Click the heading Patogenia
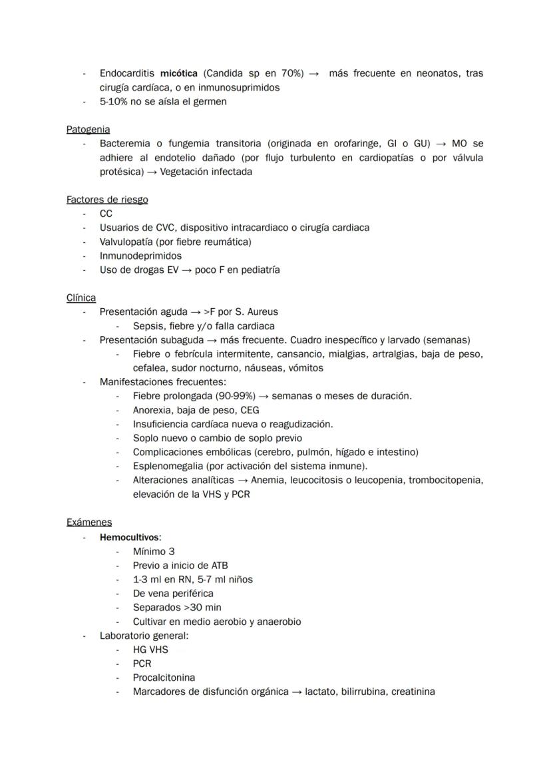(88, 129)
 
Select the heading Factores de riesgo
(107, 199)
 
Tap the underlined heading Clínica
(81, 297)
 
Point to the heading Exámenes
(89, 522)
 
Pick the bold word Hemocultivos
(130, 537)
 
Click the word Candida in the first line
(224, 73)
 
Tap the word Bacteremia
(126, 144)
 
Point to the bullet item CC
(106, 214)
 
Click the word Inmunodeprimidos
(140, 256)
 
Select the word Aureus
(262, 311)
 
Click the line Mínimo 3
(154, 551)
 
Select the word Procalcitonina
(164, 678)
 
